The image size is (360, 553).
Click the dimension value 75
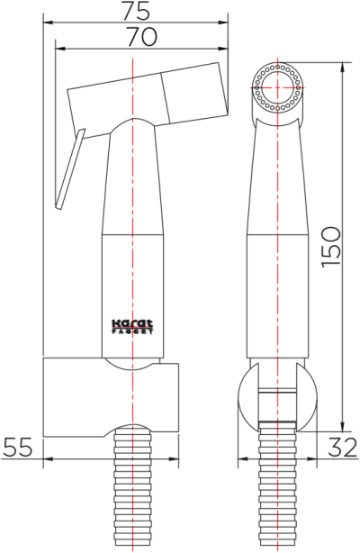[136, 12]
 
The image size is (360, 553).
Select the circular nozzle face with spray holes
[279, 88]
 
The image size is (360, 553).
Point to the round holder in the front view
[279, 402]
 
